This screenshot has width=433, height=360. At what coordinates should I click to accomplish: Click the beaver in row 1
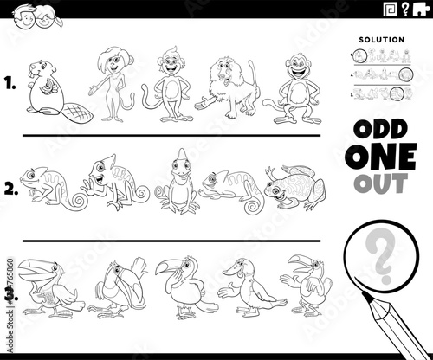pyautogui.click(x=42, y=87)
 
